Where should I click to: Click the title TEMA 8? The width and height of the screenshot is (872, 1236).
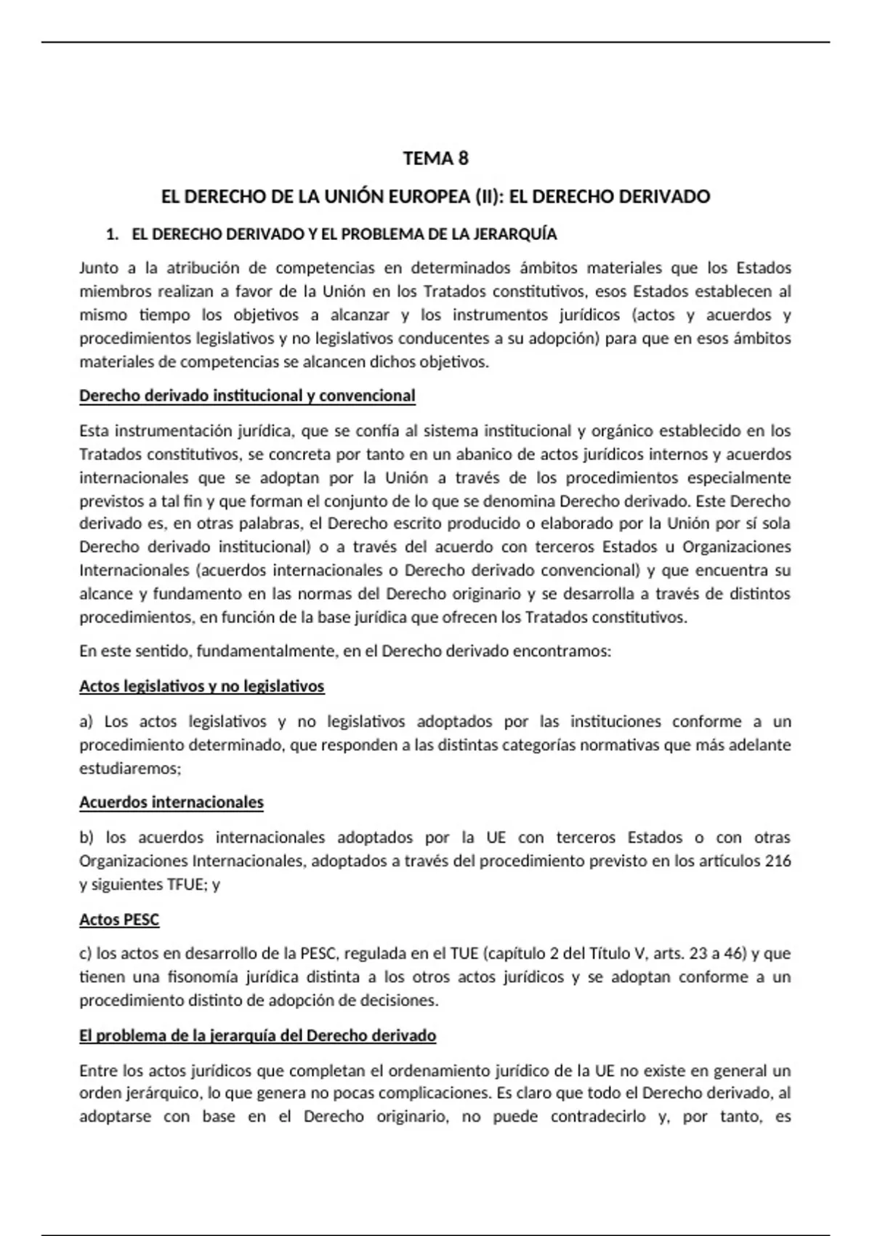(x=435, y=158)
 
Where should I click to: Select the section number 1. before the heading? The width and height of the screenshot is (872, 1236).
(x=112, y=234)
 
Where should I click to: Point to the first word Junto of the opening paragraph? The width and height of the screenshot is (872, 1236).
(x=98, y=268)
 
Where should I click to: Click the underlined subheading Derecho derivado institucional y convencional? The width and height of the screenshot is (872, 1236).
(x=247, y=396)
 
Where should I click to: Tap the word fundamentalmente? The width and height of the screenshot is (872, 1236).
(x=267, y=651)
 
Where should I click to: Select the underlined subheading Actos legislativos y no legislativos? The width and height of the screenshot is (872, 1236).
(x=201, y=686)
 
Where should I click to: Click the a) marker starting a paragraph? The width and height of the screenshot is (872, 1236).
(x=86, y=721)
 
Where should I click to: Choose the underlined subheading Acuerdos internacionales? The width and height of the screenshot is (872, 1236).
(x=171, y=802)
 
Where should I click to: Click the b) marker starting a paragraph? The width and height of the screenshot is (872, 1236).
(x=86, y=837)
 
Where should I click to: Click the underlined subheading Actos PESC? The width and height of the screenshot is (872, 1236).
(x=119, y=920)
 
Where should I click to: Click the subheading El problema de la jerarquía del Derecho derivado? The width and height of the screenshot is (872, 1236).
(x=257, y=1035)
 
